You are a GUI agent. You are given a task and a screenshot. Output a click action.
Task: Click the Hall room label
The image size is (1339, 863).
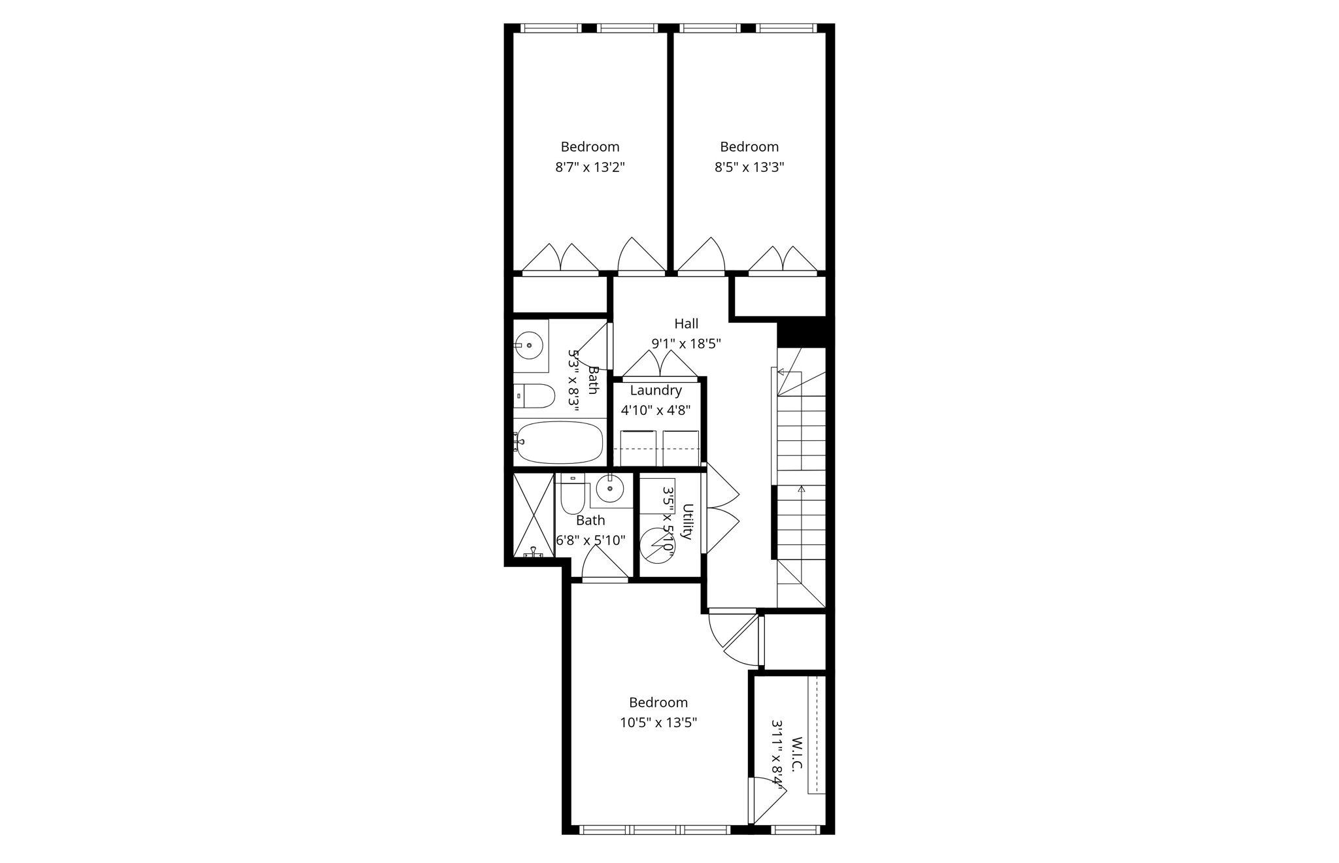(686, 323)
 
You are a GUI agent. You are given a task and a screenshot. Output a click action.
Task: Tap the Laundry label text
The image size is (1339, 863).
(656, 391)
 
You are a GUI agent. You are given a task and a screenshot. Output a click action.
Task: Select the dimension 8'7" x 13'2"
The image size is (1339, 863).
(590, 167)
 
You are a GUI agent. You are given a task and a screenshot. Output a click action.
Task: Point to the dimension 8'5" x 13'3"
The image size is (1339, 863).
(749, 167)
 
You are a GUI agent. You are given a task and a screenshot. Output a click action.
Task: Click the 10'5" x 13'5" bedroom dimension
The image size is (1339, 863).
(658, 723)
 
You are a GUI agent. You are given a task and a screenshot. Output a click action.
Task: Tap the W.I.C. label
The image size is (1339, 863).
(796, 755)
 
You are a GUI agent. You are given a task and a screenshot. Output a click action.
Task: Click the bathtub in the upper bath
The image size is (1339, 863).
(559, 442)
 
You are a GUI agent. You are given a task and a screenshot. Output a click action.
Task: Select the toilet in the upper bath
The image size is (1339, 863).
(536, 396)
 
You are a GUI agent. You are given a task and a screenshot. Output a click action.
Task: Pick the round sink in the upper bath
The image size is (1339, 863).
(529, 346)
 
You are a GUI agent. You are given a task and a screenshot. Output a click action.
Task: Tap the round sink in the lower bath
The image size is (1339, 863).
(610, 488)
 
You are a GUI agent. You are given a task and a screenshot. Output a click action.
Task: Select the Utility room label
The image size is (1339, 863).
(687, 521)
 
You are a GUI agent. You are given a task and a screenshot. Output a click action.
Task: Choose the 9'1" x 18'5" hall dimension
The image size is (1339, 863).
(686, 344)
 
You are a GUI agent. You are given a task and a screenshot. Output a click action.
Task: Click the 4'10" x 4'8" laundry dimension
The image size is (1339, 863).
(656, 411)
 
